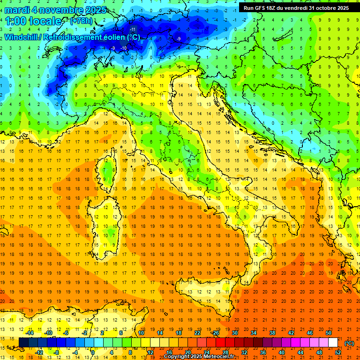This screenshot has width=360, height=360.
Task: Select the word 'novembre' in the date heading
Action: (x=59, y=10)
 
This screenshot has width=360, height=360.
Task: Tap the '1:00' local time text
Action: (x=17, y=21)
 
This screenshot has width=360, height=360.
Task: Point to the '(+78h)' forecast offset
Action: (x=81, y=21)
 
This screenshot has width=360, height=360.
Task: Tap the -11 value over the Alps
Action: (x=133, y=30)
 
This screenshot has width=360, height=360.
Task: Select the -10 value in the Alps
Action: (x=124, y=48)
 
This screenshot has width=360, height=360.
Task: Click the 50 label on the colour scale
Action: (x=329, y=332)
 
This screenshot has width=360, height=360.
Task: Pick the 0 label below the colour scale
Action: (x=93, y=352)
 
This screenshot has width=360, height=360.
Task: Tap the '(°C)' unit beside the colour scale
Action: (x=349, y=343)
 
